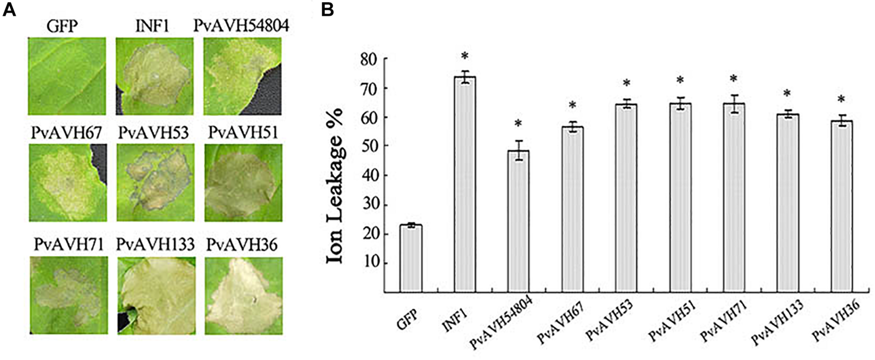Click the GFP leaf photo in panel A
click(x=67, y=76)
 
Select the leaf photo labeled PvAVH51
click(x=243, y=182)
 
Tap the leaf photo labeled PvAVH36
click(x=243, y=295)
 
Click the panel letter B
click(x=328, y=11)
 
